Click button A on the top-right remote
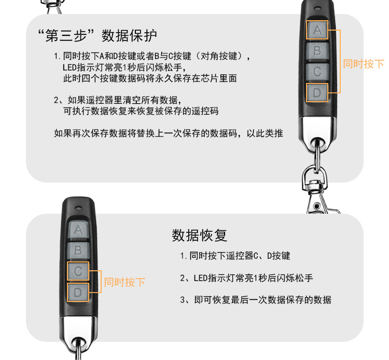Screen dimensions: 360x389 (x=317, y=30)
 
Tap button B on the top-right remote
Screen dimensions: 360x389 (x=317, y=51)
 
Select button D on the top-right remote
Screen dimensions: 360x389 (x=317, y=93)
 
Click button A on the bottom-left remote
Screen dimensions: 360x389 (x=78, y=229)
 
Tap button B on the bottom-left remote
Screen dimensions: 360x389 (x=78, y=250)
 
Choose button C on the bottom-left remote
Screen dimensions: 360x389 (x=78, y=271)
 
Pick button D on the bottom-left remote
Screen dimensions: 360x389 (x=78, y=293)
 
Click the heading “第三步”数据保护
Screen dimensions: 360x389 (x=98, y=36)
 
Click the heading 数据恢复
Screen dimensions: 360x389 (x=200, y=235)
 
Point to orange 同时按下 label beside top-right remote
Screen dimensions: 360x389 (x=363, y=64)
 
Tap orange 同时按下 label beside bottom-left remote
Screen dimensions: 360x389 (x=124, y=282)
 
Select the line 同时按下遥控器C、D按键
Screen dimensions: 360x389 (x=235, y=256)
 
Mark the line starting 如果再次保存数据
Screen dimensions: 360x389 (x=168, y=133)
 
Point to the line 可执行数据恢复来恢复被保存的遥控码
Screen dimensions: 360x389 (x=141, y=111)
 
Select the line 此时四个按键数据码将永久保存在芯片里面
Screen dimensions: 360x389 (x=149, y=79)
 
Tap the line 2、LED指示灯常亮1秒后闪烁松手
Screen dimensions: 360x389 (x=246, y=278)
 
